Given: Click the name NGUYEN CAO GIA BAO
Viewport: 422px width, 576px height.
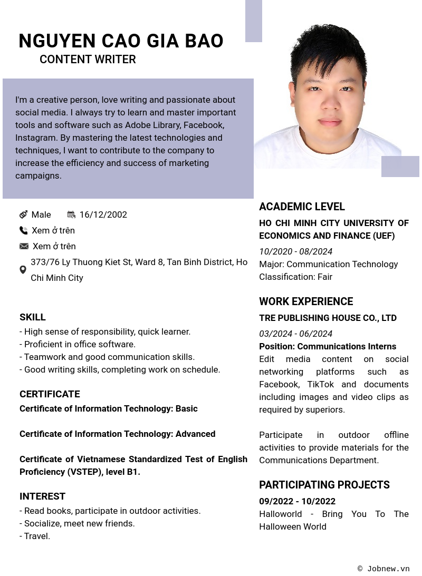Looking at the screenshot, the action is coord(121,41).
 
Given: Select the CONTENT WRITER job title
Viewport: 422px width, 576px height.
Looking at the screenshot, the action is coord(88,60).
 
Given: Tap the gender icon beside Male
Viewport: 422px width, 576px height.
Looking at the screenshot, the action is coord(23,214).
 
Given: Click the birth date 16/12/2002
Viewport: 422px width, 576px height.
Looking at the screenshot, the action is coord(103,214).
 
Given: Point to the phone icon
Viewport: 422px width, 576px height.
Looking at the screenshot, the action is coord(23,230).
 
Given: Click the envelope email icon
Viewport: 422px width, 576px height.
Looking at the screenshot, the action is coord(24,246).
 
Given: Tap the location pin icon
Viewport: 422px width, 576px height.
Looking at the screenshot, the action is coord(23,270).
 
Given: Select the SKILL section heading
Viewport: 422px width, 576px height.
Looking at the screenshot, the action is coord(33,317).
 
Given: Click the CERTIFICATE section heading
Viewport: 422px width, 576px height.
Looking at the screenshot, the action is coord(50,394).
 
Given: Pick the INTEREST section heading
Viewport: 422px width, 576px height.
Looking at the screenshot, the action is coord(42,496).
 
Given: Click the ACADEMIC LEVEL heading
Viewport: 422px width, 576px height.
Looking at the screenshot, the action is coord(302,207).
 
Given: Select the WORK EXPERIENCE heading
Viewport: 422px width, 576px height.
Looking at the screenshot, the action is coord(306,301).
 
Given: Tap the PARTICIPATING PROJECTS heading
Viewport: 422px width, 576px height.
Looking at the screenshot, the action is coord(324,485).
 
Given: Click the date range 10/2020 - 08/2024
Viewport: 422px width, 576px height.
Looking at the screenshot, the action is coord(295,251).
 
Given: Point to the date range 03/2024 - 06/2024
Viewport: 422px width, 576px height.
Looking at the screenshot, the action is coord(295,334).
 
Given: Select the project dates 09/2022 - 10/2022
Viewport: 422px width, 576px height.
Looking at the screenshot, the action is coord(297,501).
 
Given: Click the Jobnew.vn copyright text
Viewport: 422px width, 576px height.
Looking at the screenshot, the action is coord(383,569).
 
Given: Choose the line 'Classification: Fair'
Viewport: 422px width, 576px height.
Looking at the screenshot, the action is coord(295,277).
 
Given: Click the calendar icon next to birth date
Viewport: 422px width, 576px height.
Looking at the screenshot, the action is coord(71,214).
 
